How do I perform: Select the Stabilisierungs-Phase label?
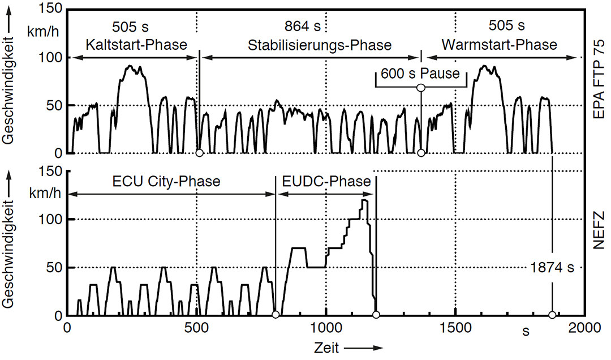pyautogui.click(x=320, y=44)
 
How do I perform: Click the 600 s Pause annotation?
pyautogui.click(x=420, y=73)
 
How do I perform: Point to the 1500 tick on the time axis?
pyautogui.click(x=455, y=328)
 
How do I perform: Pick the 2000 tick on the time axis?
pyautogui.click(x=584, y=328)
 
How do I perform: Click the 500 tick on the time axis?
pyautogui.click(x=196, y=328)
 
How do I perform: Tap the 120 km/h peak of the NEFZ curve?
pyautogui.click(x=364, y=200)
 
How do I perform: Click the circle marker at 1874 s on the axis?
pyautogui.click(x=552, y=315)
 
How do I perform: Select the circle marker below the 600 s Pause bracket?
pyautogui.click(x=420, y=88)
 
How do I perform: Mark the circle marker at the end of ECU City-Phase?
pyautogui.click(x=276, y=315)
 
